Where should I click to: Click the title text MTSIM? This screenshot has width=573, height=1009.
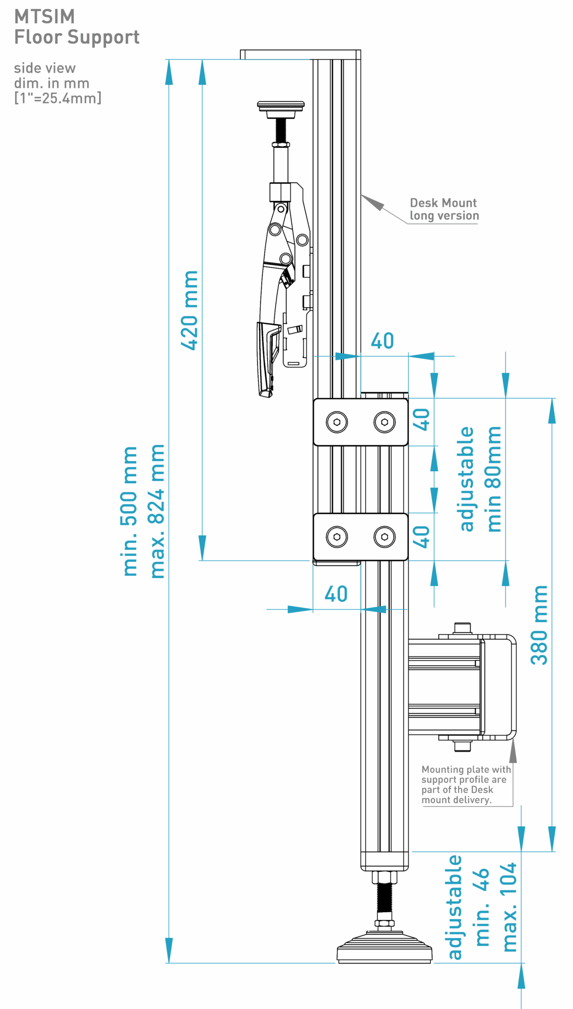tap(44, 17)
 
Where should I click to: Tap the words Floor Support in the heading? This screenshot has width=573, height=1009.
tap(77, 37)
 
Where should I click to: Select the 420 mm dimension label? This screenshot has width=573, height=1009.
tap(190, 310)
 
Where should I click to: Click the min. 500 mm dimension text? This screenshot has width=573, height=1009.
tap(130, 511)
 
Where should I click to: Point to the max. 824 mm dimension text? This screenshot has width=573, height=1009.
tap(157, 511)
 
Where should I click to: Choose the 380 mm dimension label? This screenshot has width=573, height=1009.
tap(539, 625)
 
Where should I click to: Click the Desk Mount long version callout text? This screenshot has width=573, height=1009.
tap(443, 209)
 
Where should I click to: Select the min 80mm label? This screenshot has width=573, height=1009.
tap(494, 479)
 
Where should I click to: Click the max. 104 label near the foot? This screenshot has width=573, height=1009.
tap(510, 907)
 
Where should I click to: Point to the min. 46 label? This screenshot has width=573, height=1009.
tap(482, 907)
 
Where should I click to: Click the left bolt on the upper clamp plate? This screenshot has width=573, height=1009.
tap(337, 422)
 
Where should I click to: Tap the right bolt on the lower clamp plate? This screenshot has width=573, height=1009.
tap(385, 537)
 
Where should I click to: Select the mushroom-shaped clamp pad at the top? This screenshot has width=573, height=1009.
tap(281, 106)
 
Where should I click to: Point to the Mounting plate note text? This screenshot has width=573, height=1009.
tap(465, 784)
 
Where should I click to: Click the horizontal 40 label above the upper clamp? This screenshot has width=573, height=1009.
tap(382, 341)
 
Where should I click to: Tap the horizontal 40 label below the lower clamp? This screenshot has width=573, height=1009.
tap(336, 594)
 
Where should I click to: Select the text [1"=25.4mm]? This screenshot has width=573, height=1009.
tap(57, 98)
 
